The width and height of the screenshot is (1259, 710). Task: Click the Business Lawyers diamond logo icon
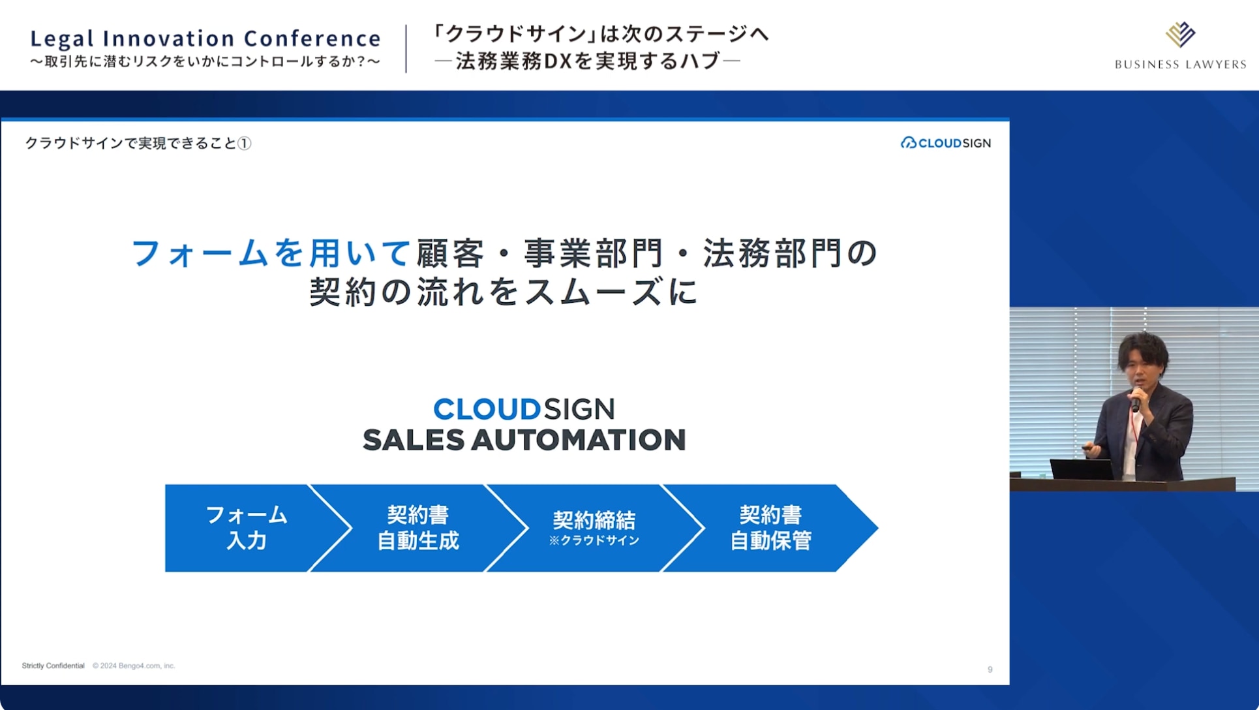(1180, 35)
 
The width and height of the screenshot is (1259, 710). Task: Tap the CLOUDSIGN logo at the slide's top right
(946, 143)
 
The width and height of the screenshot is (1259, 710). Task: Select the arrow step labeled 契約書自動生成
(418, 528)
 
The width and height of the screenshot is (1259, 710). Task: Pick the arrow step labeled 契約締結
(594, 528)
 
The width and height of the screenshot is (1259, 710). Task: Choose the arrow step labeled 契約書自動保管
(770, 528)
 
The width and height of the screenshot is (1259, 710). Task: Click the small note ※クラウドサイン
(594, 540)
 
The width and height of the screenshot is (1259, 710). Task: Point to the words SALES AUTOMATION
(524, 440)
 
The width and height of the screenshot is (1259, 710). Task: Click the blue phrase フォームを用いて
(271, 253)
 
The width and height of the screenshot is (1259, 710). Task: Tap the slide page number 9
(990, 670)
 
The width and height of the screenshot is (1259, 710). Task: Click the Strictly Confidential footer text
(53, 666)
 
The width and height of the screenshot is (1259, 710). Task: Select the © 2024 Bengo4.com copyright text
(134, 666)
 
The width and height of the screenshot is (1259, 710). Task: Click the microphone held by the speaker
(1136, 399)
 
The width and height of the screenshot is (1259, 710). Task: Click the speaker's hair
(1144, 350)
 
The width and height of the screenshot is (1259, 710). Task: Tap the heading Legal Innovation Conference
(205, 38)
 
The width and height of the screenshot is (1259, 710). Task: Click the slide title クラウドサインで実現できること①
(138, 143)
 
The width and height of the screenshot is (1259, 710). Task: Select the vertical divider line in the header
(406, 49)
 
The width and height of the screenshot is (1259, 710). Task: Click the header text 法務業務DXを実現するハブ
(588, 61)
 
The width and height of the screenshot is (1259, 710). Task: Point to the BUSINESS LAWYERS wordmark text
(1180, 64)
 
